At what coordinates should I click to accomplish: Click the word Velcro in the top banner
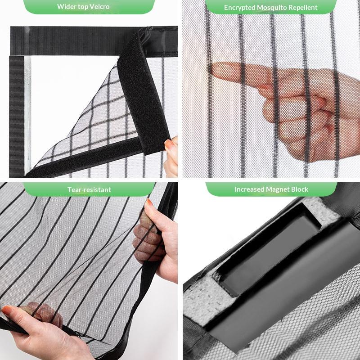pos(99,7)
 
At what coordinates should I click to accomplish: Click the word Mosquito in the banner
pos(273,8)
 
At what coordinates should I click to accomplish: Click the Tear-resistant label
pos(89,189)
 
